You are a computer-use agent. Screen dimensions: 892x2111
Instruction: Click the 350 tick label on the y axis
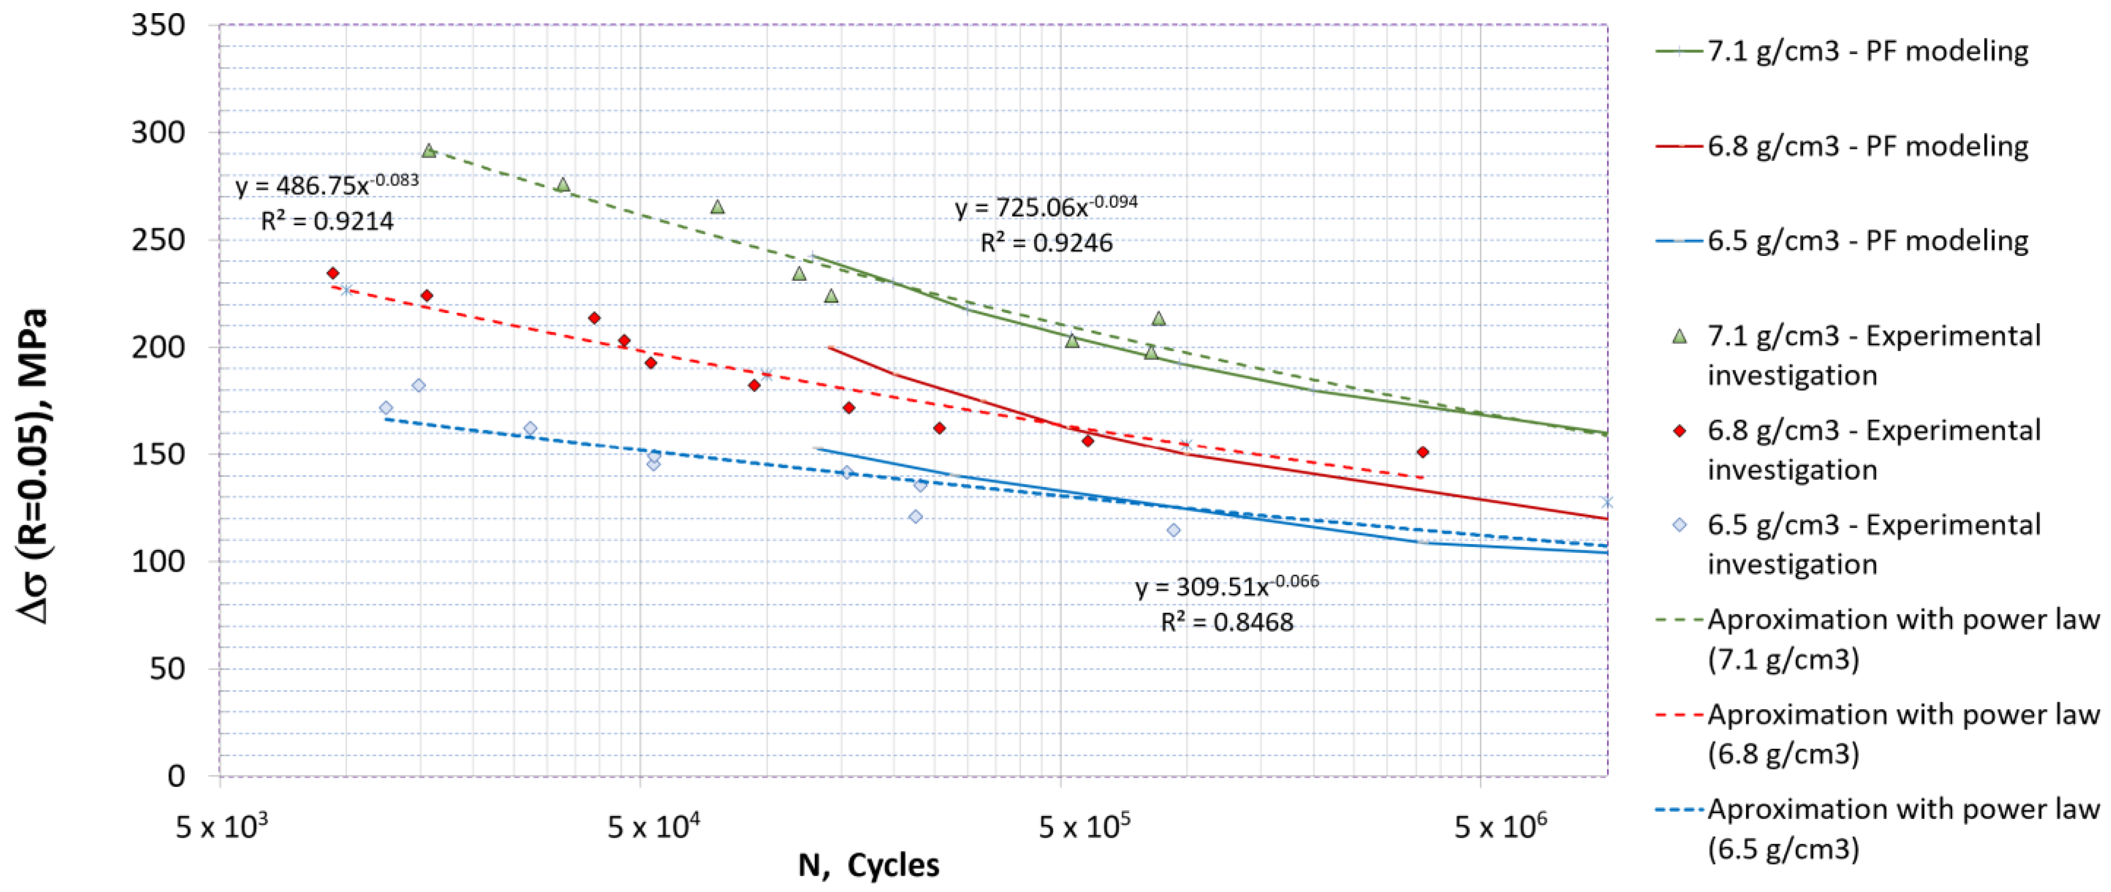pos(158,25)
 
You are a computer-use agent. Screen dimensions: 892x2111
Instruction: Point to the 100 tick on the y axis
pos(158,562)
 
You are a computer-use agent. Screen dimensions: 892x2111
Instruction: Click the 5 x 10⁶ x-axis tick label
pos(1500,827)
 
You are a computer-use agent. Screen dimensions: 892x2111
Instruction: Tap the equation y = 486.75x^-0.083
pos(327,185)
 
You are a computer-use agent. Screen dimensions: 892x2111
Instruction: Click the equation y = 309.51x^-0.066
pos(1227,586)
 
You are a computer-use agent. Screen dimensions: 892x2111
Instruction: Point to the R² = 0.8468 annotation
pos(1227,622)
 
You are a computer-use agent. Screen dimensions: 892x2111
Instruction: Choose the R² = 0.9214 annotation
pos(327,221)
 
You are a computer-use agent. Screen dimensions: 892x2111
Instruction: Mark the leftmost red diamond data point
pos(333,273)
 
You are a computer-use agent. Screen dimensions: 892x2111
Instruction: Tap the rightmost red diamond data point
pos(1423,452)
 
